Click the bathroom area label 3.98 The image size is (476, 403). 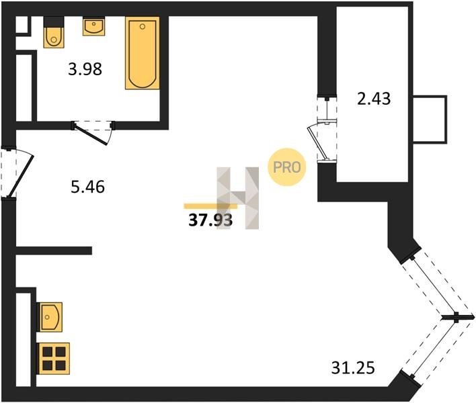pyautogui.click(x=85, y=69)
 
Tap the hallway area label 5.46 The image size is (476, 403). pyautogui.click(x=87, y=187)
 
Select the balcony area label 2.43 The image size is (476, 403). pyautogui.click(x=374, y=99)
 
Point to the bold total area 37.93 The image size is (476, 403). pyautogui.click(x=210, y=220)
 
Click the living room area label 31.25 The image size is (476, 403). pyautogui.click(x=353, y=368)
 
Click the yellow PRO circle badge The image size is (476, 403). pyautogui.click(x=287, y=167)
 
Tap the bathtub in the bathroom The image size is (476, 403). pyautogui.click(x=143, y=53)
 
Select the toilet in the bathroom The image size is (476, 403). pyautogui.click(x=54, y=32)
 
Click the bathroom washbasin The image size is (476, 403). pyautogui.click(x=94, y=26)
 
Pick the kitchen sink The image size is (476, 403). pyautogui.click(x=50, y=317)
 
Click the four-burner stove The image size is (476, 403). pyautogui.click(x=53, y=359)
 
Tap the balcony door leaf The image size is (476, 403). pyautogui.click(x=317, y=142)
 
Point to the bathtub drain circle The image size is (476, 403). pyautogui.click(x=143, y=27)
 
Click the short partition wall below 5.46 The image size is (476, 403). pyautogui.click(x=54, y=251)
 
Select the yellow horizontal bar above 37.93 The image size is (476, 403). pyautogui.click(x=210, y=206)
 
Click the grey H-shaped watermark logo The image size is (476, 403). pyautogui.click(x=238, y=198)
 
